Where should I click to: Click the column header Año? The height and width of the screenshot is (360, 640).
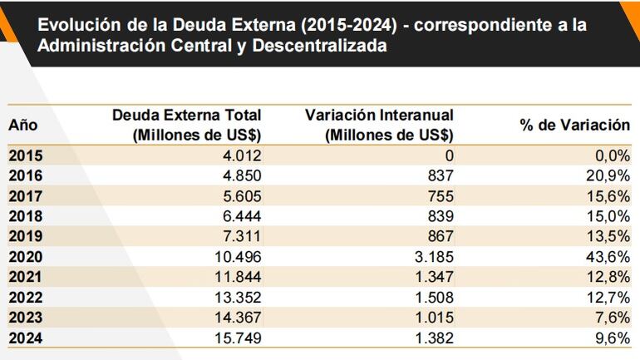23,126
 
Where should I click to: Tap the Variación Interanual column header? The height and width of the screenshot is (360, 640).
379,125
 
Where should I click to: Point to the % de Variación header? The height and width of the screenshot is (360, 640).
575,126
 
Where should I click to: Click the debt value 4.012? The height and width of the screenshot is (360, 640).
239,155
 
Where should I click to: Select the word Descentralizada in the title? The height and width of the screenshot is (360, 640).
313,47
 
